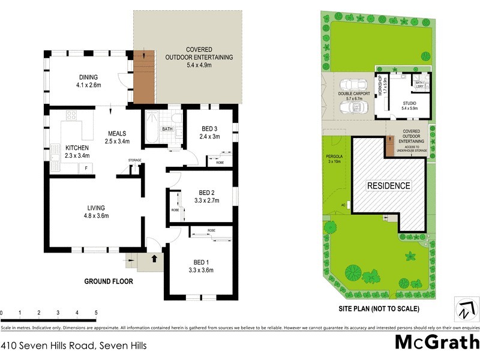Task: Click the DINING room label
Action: point(88,77)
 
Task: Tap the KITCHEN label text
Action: point(77,148)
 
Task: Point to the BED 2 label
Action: point(205,193)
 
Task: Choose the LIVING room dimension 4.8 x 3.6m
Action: point(96,216)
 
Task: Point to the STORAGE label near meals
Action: point(135,160)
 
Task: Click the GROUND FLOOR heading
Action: point(109,281)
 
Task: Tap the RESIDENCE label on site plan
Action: point(389,186)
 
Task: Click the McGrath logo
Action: point(436,342)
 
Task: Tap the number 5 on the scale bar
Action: point(96,313)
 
